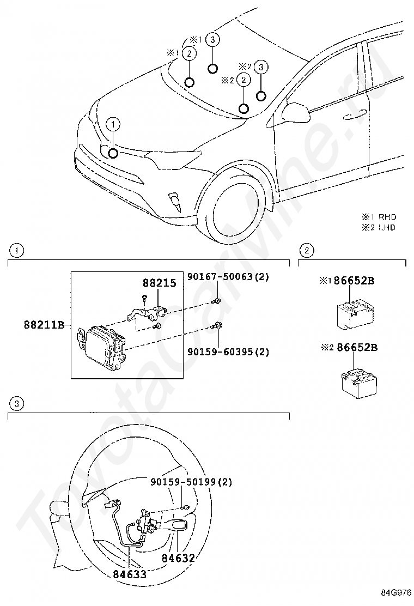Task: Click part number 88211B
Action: [x=44, y=325]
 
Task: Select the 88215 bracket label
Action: [x=159, y=283]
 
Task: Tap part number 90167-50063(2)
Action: [x=228, y=277]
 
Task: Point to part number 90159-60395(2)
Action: [x=228, y=352]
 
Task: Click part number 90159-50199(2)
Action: [x=191, y=482]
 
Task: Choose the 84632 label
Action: [x=178, y=557]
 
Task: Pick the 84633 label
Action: [x=130, y=574]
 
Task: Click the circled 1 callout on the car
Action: [x=113, y=124]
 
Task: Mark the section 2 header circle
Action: [x=307, y=251]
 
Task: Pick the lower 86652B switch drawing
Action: [x=359, y=383]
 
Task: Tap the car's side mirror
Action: [x=296, y=112]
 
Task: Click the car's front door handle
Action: [x=354, y=114]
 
